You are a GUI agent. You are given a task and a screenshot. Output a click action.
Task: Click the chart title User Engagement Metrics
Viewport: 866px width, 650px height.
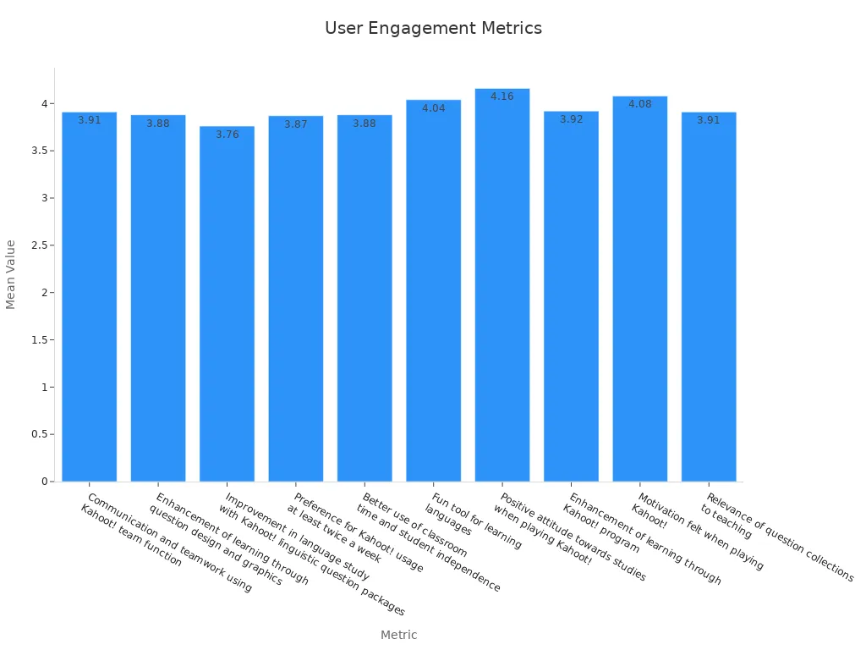(x=433, y=28)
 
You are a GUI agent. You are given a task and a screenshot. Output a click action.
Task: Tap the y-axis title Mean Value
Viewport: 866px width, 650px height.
(x=11, y=274)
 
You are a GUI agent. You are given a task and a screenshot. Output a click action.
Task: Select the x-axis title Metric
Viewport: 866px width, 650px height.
(x=398, y=635)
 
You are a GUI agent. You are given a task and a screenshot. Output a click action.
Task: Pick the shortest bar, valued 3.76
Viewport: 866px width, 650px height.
(x=227, y=305)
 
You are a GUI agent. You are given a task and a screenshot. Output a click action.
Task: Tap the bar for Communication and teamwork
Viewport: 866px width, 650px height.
(x=90, y=296)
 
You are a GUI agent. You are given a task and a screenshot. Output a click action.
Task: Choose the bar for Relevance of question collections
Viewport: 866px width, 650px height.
(x=709, y=296)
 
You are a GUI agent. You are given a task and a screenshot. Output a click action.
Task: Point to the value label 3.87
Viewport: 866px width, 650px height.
(x=296, y=124)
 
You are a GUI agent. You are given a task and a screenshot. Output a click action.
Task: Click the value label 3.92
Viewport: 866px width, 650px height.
(x=572, y=119)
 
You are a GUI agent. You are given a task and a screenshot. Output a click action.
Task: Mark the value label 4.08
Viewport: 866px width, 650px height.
(x=640, y=104)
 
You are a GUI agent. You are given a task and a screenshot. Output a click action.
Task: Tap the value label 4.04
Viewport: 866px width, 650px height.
(x=434, y=108)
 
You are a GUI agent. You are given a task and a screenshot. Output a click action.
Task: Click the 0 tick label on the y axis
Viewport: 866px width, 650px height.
(x=45, y=482)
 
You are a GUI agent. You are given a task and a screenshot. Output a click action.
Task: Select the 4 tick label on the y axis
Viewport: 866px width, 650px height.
(x=45, y=103)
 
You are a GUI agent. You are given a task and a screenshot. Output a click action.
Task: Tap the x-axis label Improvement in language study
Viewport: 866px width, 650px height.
(x=296, y=542)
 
